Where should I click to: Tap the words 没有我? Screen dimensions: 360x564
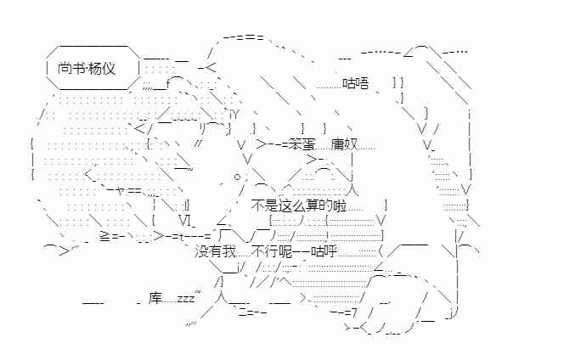pyautogui.click(x=215, y=251)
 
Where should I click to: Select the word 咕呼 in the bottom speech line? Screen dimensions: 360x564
pyautogui.click(x=324, y=251)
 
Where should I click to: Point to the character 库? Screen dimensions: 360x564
pyautogui.click(x=155, y=298)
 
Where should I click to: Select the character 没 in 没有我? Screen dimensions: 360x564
pyautogui.click(x=201, y=251)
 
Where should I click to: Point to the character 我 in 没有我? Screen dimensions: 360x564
pyautogui.click(x=228, y=251)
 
